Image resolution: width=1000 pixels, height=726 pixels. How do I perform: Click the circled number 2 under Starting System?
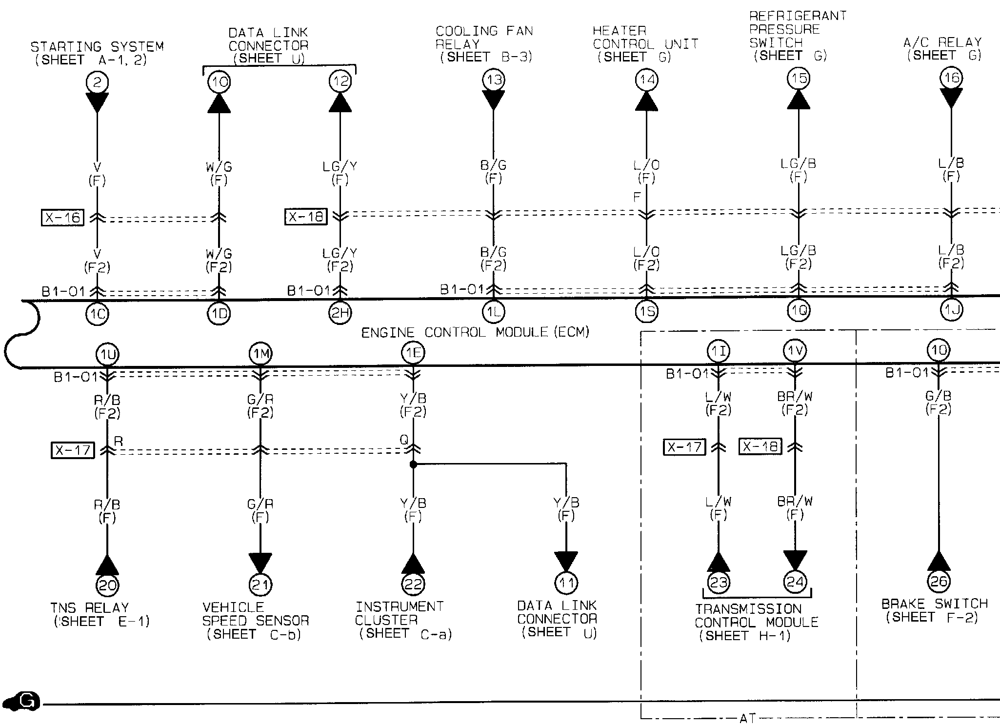[97, 82]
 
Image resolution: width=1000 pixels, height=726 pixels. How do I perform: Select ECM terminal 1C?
[97, 314]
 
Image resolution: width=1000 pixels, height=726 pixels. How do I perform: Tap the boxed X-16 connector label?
[62, 218]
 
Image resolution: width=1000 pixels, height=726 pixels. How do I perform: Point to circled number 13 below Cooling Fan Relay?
[494, 80]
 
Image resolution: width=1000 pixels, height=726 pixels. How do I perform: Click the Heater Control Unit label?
[645, 44]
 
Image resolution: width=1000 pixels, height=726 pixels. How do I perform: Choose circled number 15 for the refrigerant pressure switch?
[799, 78]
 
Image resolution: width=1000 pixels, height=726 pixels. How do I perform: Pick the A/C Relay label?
[942, 49]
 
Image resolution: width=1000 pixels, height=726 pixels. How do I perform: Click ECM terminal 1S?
[646, 312]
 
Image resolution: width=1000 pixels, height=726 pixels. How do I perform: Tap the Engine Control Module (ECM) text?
[475, 333]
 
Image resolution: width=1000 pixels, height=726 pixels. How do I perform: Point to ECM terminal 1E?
[413, 353]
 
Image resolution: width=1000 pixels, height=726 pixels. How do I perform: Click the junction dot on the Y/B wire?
[413, 465]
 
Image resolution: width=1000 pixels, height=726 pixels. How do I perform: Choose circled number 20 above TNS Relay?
[107, 585]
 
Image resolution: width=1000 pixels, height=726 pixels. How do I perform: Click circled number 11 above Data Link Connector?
[566, 583]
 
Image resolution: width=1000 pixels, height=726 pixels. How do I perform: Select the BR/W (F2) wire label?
[795, 403]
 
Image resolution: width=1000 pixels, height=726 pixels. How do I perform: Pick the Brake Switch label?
[934, 610]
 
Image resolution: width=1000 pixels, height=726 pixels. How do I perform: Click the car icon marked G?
[21, 702]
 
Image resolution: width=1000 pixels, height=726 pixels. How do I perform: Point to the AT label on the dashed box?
[748, 718]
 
